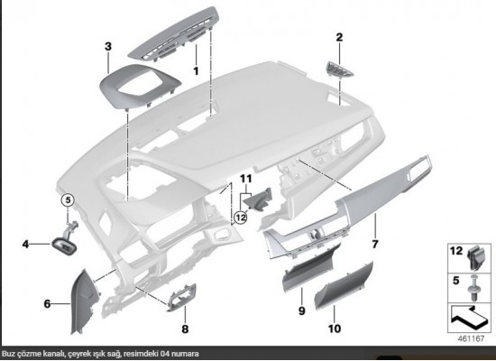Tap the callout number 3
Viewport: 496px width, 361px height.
click(x=107, y=45)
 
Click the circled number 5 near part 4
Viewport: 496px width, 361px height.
click(x=66, y=199)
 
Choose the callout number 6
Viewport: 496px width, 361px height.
click(x=47, y=304)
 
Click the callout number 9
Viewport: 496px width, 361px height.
click(x=301, y=310)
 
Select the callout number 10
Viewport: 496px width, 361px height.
click(x=335, y=329)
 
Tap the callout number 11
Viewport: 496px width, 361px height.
click(x=244, y=180)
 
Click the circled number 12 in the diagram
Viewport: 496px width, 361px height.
click(x=240, y=217)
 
